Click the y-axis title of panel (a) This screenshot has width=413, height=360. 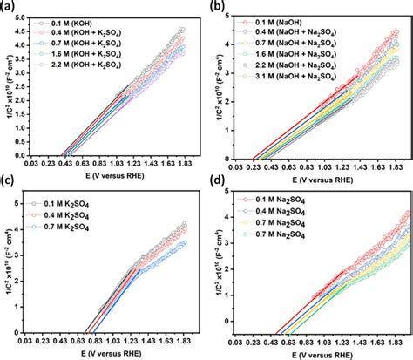click(10, 87)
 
